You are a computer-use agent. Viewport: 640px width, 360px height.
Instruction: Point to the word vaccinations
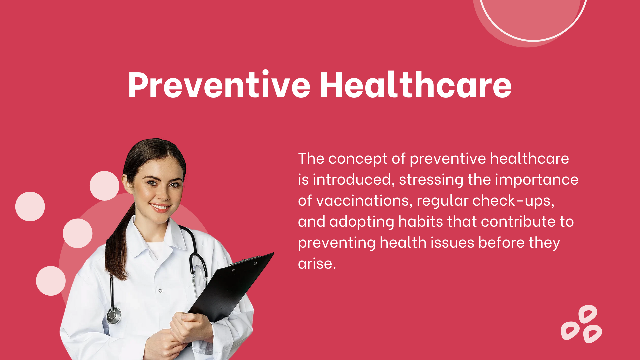click(364, 201)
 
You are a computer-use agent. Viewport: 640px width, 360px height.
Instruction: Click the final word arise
click(317, 264)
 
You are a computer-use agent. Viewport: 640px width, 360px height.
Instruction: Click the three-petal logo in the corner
click(581, 324)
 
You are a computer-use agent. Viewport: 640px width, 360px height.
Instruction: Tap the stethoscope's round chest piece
click(114, 315)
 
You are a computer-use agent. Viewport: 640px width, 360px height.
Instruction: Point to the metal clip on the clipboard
click(245, 261)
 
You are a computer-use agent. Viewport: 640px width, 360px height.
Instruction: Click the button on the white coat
click(160, 291)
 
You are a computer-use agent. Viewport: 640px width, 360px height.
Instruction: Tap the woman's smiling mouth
click(160, 207)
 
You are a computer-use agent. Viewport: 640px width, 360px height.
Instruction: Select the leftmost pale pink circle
click(30, 206)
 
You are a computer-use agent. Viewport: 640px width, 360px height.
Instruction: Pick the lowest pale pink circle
click(51, 281)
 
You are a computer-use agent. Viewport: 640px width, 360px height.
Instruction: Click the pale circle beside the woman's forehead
click(104, 186)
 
